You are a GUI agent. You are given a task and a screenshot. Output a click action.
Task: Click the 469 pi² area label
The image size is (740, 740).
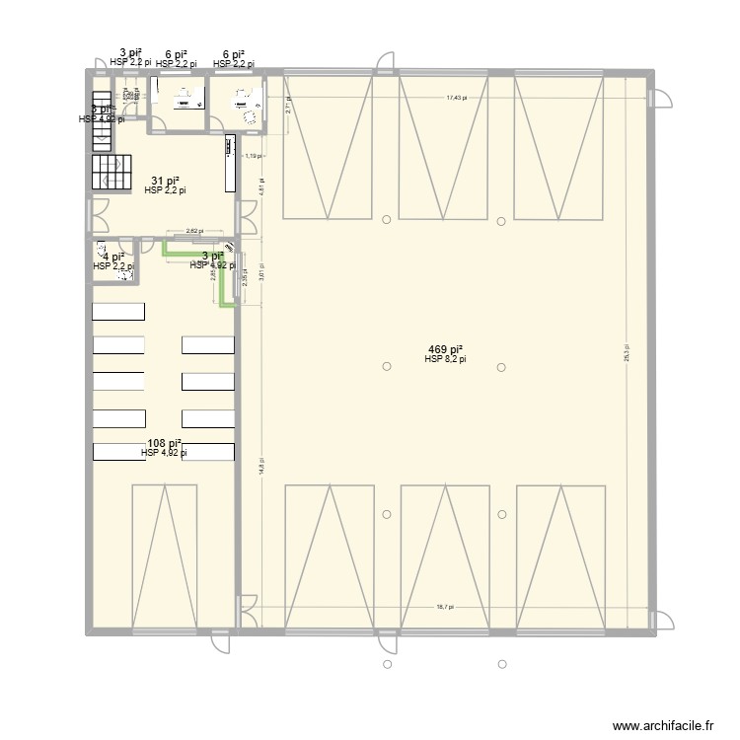point(446,349)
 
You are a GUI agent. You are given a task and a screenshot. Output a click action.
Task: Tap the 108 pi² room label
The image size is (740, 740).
point(164,443)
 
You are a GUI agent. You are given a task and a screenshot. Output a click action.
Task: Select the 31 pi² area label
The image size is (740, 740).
point(165,181)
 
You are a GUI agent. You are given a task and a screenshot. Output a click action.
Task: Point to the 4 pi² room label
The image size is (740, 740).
point(112,257)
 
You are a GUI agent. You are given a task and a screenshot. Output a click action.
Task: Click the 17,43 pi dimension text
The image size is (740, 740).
point(456,98)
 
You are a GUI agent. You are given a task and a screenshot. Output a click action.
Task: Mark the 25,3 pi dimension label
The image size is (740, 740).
point(628,353)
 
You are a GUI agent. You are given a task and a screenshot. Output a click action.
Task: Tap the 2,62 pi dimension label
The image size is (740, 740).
point(193,231)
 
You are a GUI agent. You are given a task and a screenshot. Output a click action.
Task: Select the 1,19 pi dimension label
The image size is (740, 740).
point(253,156)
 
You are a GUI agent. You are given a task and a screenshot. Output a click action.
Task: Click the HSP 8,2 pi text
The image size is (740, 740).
point(445,360)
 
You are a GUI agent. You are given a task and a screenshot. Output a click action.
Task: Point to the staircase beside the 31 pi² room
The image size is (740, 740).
point(111,172)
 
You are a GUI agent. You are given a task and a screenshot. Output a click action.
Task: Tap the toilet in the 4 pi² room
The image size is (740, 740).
point(124,273)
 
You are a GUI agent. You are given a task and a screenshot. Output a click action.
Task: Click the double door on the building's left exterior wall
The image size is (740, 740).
point(98,212)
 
